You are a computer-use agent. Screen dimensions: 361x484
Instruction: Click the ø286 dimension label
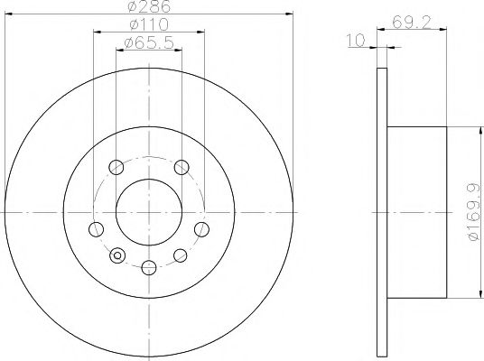coord(149,7)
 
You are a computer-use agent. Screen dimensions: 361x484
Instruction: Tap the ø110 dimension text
coord(149,27)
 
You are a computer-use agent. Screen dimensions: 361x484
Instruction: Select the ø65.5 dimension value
coord(149,45)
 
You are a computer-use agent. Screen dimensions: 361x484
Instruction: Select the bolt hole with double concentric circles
coord(115,255)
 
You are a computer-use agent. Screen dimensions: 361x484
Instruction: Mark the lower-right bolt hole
coord(181,255)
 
